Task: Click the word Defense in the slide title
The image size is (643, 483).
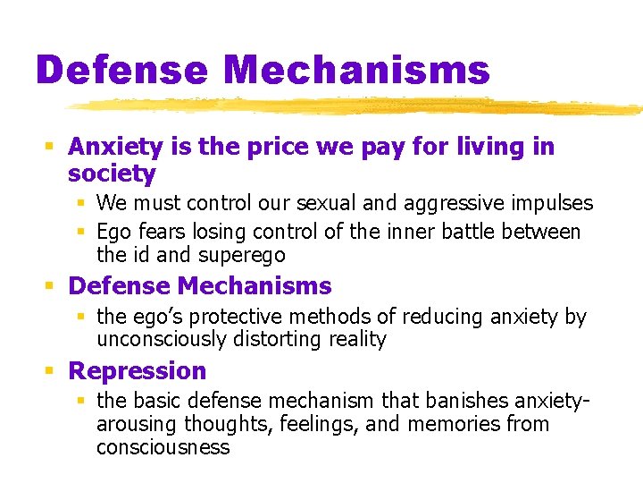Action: tap(121, 70)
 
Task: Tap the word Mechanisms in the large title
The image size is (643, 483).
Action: tap(356, 70)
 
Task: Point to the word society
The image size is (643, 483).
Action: tap(112, 174)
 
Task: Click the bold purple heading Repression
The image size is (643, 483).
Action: tap(137, 371)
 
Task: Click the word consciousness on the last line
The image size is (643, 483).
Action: tap(163, 447)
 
